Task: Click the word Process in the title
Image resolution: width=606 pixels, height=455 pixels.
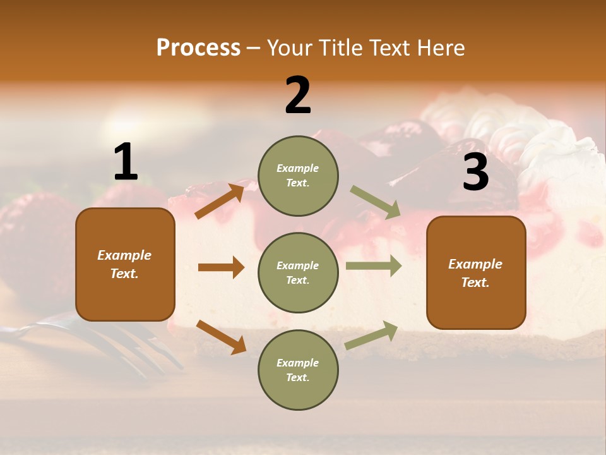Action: pyautogui.click(x=198, y=47)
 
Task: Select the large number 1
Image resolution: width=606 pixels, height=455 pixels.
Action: pyautogui.click(x=126, y=162)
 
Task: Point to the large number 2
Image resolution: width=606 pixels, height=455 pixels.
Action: pyautogui.click(x=298, y=95)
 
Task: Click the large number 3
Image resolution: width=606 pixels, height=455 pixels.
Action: pyautogui.click(x=475, y=172)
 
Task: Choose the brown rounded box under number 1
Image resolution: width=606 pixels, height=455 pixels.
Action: pyautogui.click(x=125, y=264)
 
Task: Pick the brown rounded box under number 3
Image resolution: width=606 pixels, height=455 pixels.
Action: pyautogui.click(x=476, y=272)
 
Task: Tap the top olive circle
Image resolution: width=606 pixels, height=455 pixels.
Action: pyautogui.click(x=298, y=175)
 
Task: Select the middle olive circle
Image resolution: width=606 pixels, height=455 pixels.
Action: pyautogui.click(x=298, y=272)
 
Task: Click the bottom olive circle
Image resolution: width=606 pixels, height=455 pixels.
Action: pyautogui.click(x=298, y=370)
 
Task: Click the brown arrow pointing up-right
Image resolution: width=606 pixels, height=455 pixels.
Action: pyautogui.click(x=220, y=200)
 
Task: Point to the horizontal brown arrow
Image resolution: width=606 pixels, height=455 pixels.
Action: pyautogui.click(x=221, y=267)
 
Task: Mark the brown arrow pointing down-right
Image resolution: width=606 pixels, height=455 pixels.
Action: pyautogui.click(x=221, y=336)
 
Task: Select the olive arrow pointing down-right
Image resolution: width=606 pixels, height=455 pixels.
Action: pyautogui.click(x=376, y=202)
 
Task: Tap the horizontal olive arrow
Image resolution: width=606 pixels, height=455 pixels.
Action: pyautogui.click(x=374, y=265)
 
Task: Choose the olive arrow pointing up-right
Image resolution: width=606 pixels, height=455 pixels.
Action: pyautogui.click(x=371, y=335)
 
